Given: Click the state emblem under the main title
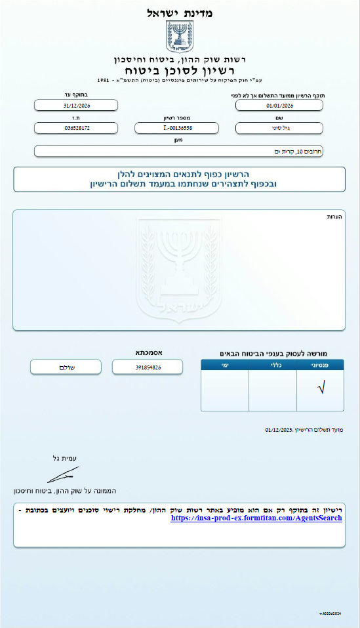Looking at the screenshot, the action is click(x=179, y=37).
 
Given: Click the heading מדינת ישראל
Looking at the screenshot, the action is click(x=180, y=12).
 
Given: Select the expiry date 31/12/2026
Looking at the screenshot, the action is click(x=76, y=105).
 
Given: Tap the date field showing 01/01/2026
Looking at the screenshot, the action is click(x=279, y=105).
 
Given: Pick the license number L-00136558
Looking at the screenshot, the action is click(x=178, y=128).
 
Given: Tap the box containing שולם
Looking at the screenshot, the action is click(x=61, y=367).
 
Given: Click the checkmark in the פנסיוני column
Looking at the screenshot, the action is click(x=320, y=388).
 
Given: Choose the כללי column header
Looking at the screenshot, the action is click(x=272, y=365).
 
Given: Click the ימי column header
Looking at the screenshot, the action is click(x=225, y=365).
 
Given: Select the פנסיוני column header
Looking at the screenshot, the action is click(x=320, y=365).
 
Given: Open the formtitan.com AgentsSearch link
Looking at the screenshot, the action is click(x=256, y=518).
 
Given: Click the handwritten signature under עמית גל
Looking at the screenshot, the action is click(x=64, y=474).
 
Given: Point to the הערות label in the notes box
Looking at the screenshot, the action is click(x=334, y=217).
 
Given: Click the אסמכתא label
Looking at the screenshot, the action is click(x=146, y=352).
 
